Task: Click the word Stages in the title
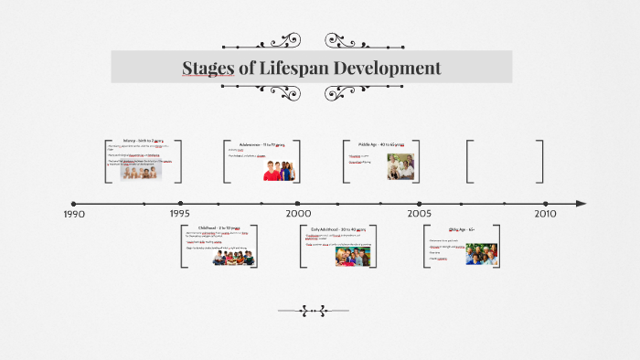[207, 68]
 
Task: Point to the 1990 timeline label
[74, 214]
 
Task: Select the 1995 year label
[180, 214]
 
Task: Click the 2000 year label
[298, 214]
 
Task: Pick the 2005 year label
[420, 214]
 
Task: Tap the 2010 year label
[545, 214]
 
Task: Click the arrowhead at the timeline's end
[581, 203]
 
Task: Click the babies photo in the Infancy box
[142, 171]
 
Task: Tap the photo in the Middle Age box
[400, 165]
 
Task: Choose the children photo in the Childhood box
[232, 257]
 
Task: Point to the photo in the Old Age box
[481, 253]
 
